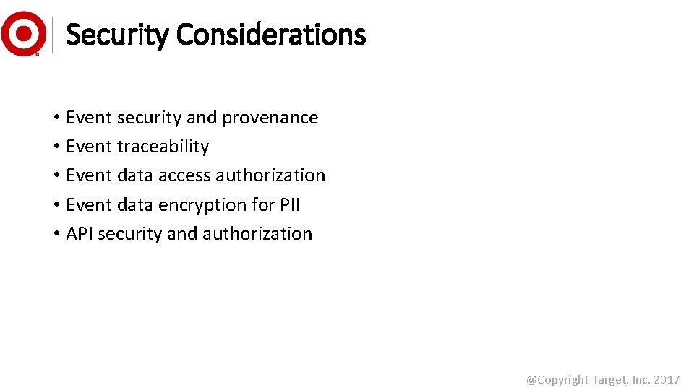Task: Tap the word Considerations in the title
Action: tap(270, 35)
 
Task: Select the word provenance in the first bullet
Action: tap(270, 118)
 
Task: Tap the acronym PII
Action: tap(289, 205)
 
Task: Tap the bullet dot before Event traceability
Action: tap(56, 147)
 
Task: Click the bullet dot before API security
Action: tap(56, 235)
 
